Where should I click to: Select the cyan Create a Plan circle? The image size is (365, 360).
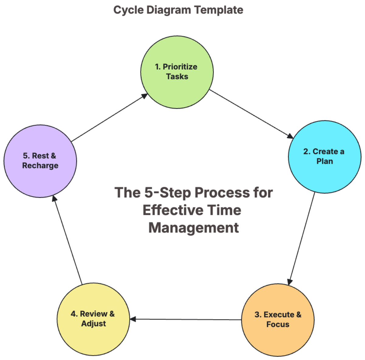click(325, 176)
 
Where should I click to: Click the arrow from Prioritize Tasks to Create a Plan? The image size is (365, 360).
click(251, 114)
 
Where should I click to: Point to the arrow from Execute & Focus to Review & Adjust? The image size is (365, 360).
click(186, 319)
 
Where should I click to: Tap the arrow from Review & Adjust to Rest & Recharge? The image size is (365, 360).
click(68, 240)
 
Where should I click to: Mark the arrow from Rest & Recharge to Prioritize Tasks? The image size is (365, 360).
click(109, 118)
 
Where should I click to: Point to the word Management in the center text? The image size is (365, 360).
click(193, 228)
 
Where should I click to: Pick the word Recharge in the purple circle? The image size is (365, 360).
click(40, 166)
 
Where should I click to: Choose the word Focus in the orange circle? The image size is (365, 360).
click(278, 324)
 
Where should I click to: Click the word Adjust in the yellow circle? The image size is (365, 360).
click(93, 324)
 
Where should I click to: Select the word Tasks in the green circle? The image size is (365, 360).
click(177, 77)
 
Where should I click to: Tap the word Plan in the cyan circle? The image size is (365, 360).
click(325, 161)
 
